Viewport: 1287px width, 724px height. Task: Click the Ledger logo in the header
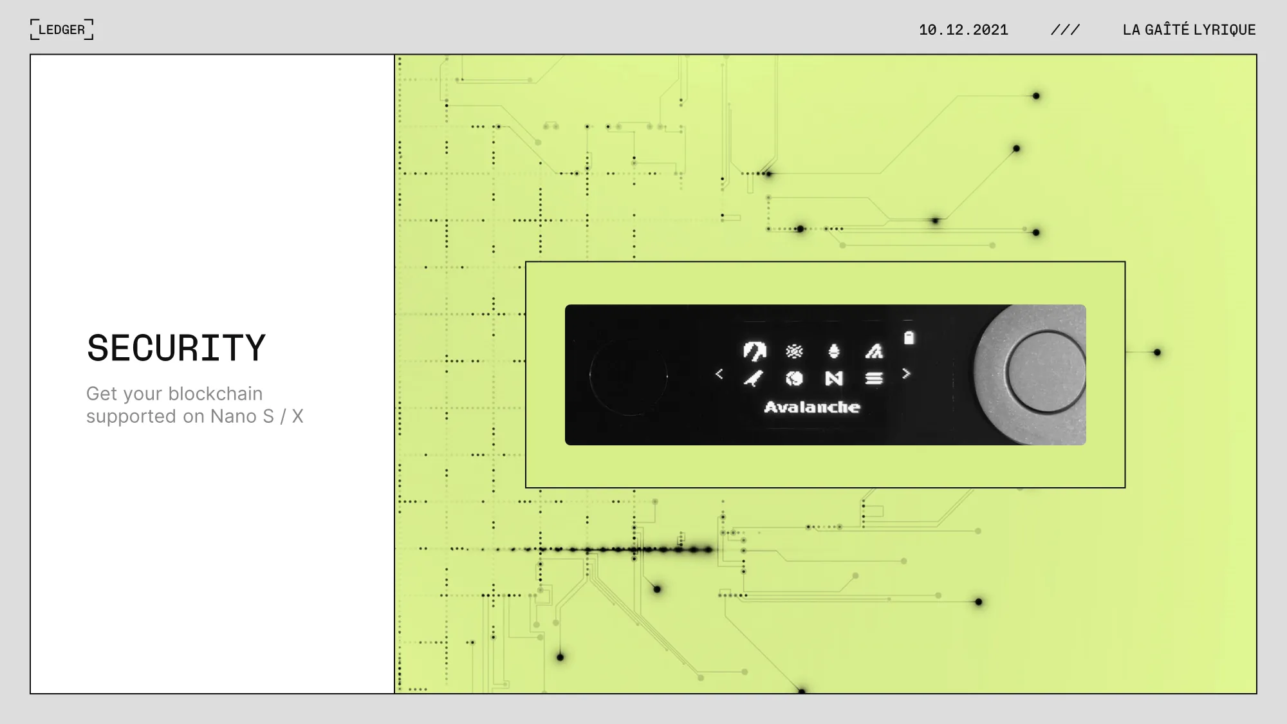[62, 30]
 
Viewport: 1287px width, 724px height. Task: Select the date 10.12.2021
[963, 30]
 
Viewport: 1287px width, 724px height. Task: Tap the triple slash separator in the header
[1065, 30]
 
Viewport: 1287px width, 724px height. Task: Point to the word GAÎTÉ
[1167, 29]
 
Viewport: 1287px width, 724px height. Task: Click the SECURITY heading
[176, 348]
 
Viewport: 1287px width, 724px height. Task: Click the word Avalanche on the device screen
[812, 407]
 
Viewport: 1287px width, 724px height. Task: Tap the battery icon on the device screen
[909, 337]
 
